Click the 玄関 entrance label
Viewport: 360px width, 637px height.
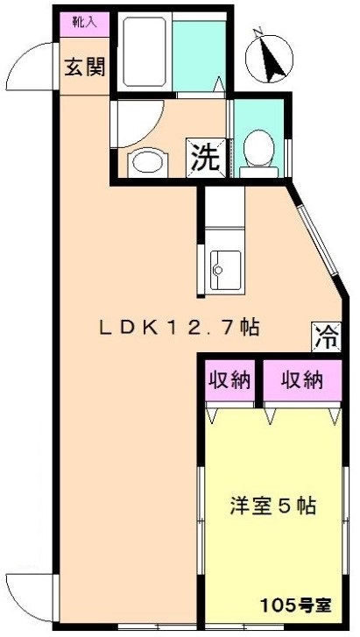coord(85,67)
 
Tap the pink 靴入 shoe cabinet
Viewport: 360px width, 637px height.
coord(84,25)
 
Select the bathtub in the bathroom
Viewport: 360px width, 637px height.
coord(145,51)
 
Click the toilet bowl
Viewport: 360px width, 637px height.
coord(258,147)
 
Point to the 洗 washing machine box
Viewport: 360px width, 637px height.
coord(206,158)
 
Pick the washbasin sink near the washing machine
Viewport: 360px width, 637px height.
coord(147,163)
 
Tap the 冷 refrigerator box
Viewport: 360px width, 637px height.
coord(326,336)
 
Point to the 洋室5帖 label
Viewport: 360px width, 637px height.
coord(273,506)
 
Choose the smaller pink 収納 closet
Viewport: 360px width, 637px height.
coord(230,380)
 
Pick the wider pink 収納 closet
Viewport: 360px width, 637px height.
coord(302,380)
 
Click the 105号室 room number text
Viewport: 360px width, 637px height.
coord(296,606)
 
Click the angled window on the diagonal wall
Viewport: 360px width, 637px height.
coord(317,240)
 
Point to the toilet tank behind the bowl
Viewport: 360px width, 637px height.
coord(258,172)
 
